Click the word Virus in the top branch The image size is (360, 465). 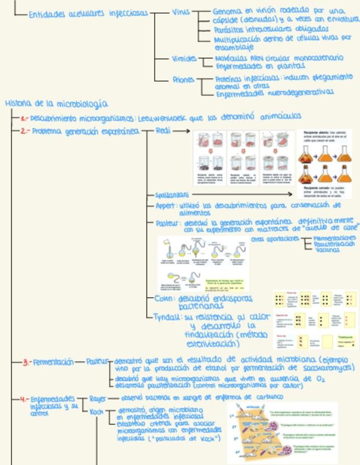click(x=179, y=12)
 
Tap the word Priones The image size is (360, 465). click(x=183, y=80)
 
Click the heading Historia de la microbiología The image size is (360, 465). click(x=57, y=103)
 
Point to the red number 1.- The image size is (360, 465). click(x=24, y=117)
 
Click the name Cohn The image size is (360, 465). click(x=164, y=298)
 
